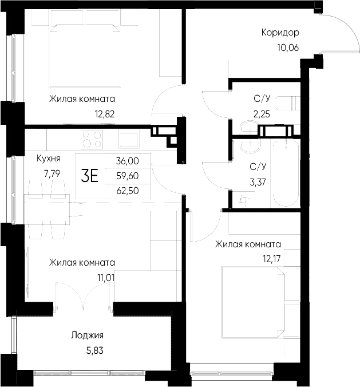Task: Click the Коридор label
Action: (x=280, y=33)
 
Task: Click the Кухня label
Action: (x=48, y=159)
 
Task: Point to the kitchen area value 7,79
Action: (x=48, y=171)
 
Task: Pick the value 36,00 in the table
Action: (x=126, y=161)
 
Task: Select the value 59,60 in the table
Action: (x=126, y=176)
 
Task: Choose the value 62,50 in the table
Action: (x=126, y=190)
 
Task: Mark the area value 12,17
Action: (x=270, y=259)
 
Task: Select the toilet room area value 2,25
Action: (x=262, y=113)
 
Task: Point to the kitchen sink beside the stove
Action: (x=128, y=139)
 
